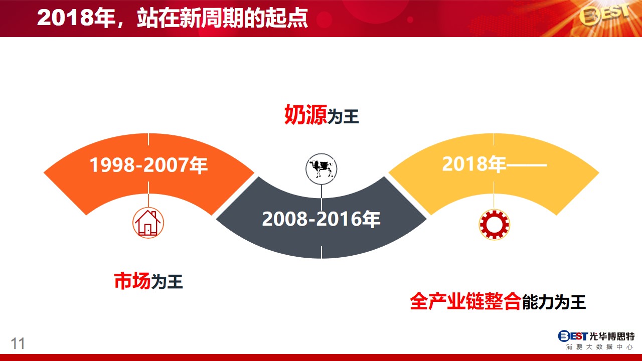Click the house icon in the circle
[x=148, y=223]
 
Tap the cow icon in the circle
[x=322, y=169]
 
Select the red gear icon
[x=494, y=224]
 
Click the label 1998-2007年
[x=148, y=165]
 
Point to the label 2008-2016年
[x=322, y=219]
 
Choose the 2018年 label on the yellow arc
[x=474, y=164]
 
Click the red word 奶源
[x=305, y=115]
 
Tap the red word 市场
[x=132, y=281]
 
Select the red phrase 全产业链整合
[x=465, y=301]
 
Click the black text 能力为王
[x=554, y=302]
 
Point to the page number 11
[x=18, y=343]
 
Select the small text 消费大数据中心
[x=599, y=347]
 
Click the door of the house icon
[x=147, y=230]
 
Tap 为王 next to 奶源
[x=343, y=117]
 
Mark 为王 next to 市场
[x=167, y=282]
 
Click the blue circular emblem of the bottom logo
[x=564, y=336]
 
